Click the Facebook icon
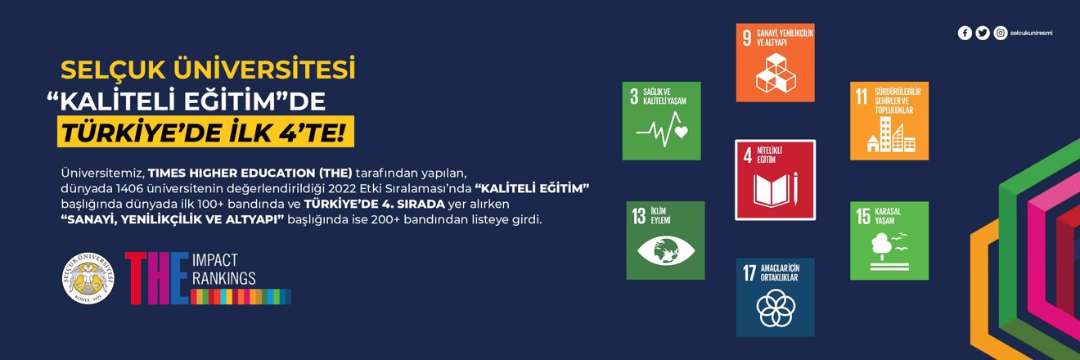tap(965, 33)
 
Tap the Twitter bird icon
tap(982, 33)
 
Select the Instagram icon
tap(1001, 33)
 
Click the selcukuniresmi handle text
tap(1031, 34)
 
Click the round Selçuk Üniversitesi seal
tap(88, 278)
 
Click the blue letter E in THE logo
tap(179, 278)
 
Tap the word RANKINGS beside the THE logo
tap(223, 278)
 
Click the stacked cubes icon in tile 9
tap(776, 73)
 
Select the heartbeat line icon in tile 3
tap(661, 129)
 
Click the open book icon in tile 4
tap(776, 189)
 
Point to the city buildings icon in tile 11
tap(890, 134)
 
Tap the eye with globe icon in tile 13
tap(666, 250)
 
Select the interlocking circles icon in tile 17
tap(776, 308)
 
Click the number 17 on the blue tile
tap(749, 272)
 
